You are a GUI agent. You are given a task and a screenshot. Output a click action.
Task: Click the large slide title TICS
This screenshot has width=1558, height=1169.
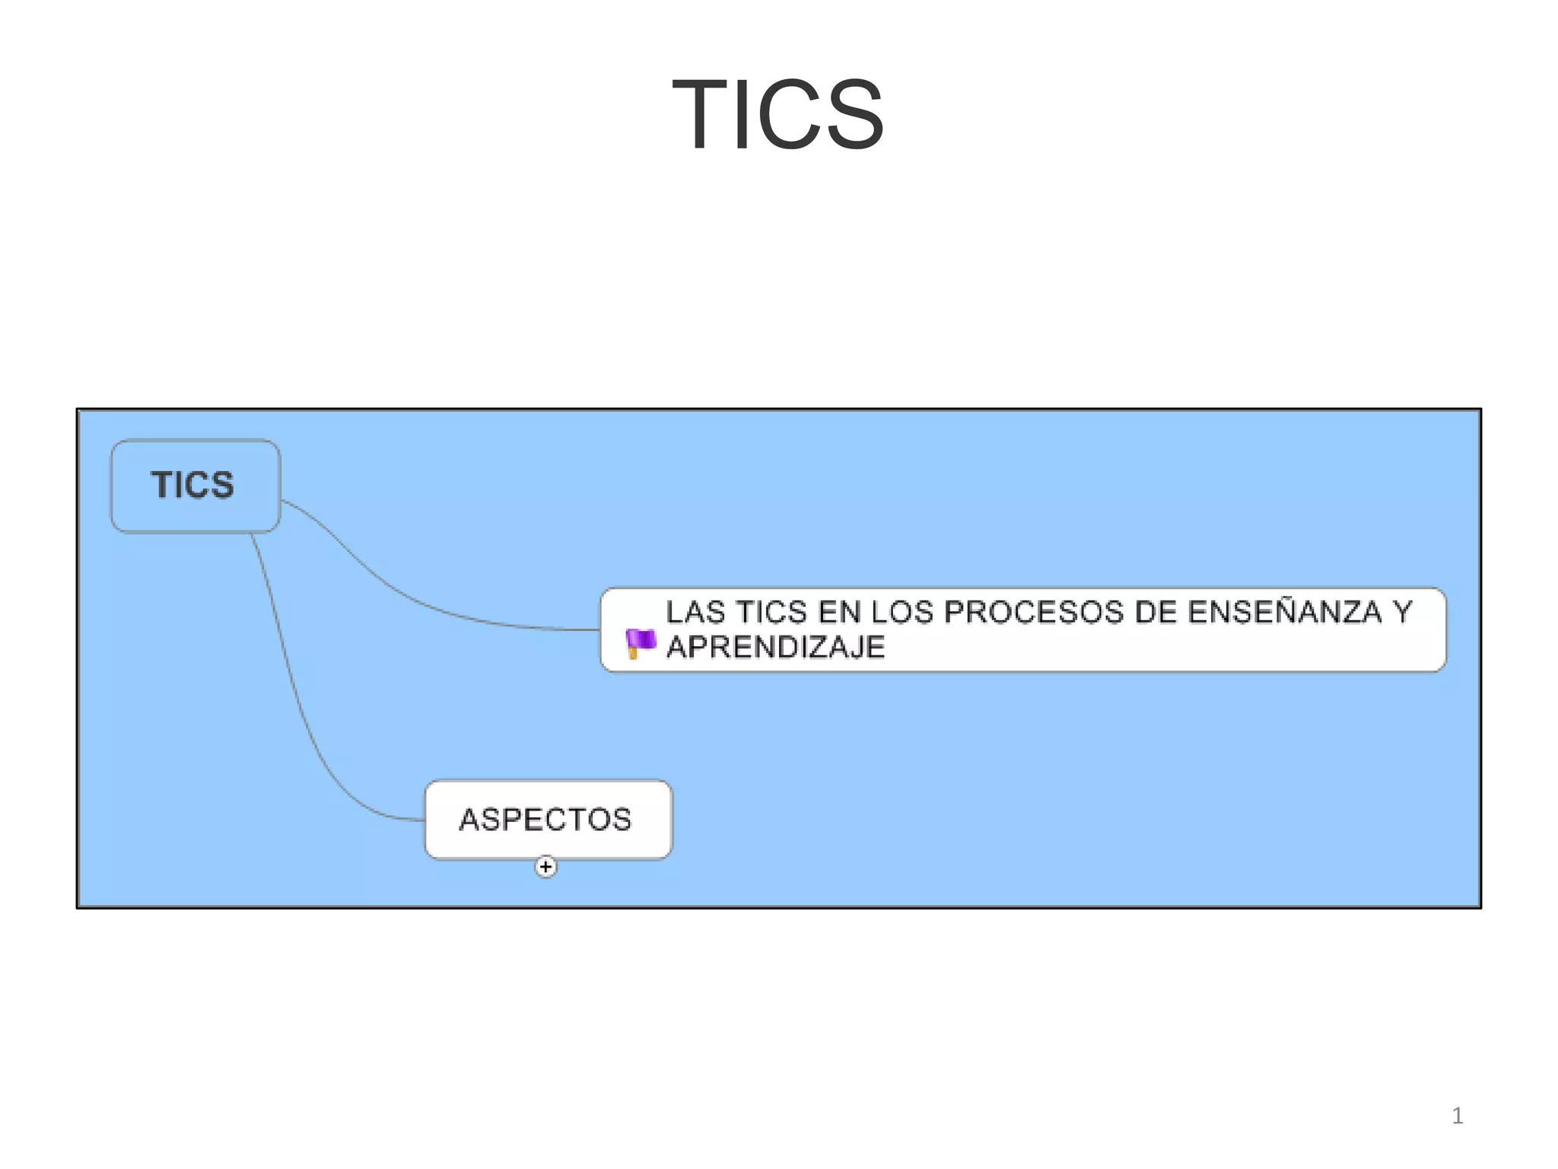(x=777, y=115)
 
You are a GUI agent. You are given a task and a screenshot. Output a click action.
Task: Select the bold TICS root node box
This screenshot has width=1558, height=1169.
(x=195, y=486)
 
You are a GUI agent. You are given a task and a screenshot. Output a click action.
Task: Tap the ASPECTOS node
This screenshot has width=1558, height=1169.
(x=548, y=820)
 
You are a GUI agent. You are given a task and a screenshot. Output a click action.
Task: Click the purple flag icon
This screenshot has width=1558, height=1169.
(x=640, y=643)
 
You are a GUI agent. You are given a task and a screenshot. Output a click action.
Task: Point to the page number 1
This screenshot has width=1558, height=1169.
(x=1457, y=1116)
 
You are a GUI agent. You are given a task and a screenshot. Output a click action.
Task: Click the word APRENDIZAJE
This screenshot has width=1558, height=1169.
(x=775, y=647)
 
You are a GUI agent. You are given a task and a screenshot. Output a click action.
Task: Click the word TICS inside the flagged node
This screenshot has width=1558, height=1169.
(x=771, y=613)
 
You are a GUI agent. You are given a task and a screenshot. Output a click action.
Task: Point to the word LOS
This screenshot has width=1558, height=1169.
(x=901, y=613)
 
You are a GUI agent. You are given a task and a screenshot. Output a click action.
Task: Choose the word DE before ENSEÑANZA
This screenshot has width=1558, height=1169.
(x=1155, y=613)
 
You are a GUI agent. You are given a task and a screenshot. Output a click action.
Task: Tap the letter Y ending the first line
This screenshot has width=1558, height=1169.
(x=1402, y=613)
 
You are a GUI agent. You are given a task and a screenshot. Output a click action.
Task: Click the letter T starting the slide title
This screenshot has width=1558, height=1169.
(x=698, y=115)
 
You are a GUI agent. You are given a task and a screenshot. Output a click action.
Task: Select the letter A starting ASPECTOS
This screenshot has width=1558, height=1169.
(x=469, y=820)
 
